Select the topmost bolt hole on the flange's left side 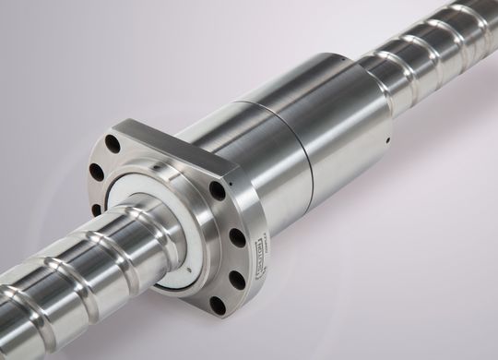(113, 143)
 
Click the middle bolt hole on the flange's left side (96, 172)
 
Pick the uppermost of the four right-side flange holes (218, 191)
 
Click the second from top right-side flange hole (237, 237)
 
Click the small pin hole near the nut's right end (388, 141)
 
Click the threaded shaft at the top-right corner (461, 28)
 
